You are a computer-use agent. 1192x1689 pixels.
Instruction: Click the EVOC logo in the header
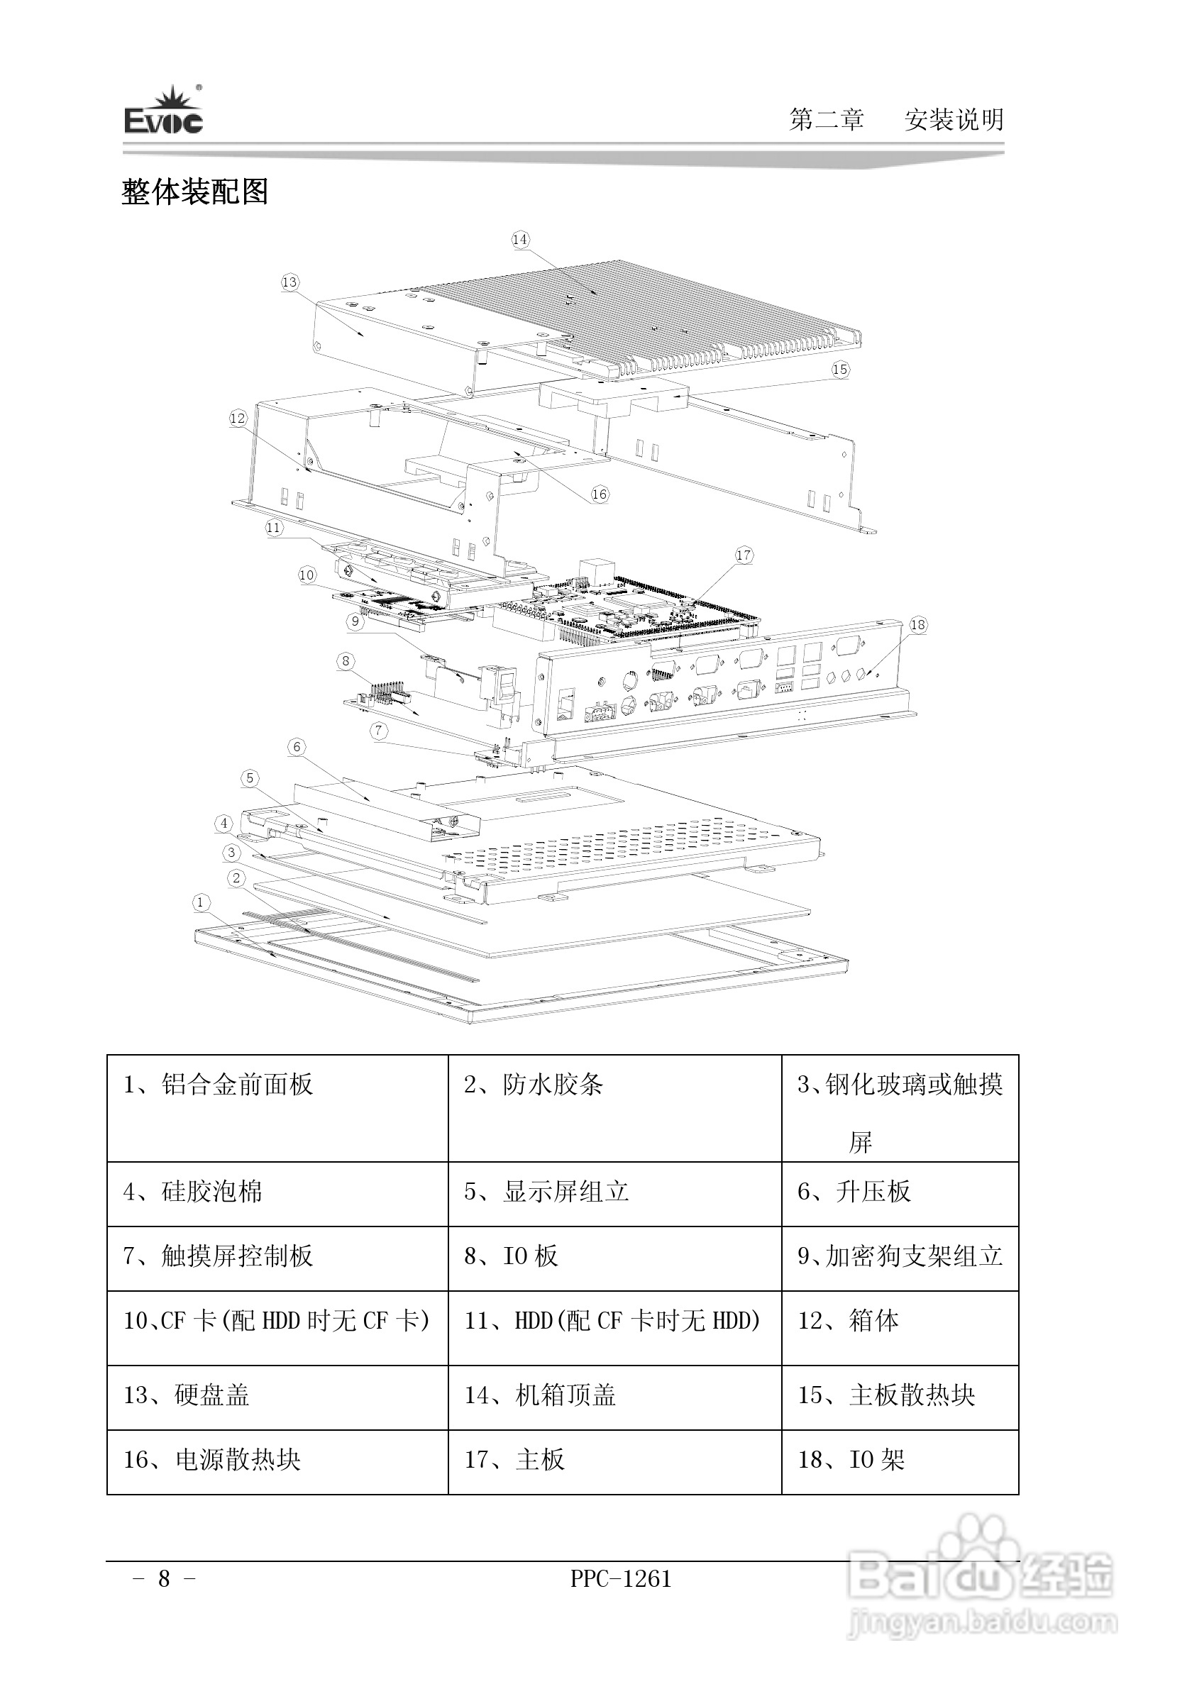(163, 111)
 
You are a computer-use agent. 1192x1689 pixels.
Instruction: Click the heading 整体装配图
(195, 192)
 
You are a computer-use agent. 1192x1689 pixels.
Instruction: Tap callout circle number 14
(520, 239)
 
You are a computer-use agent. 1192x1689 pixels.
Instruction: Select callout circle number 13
(290, 282)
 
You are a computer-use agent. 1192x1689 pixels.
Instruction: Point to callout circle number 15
(840, 370)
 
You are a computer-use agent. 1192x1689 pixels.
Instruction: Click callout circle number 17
(744, 555)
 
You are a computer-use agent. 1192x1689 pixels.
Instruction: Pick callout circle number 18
(917, 625)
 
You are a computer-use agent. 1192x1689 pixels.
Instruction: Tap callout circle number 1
(201, 902)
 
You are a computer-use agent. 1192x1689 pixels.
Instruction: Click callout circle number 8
(346, 660)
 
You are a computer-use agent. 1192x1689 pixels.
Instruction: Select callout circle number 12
(238, 419)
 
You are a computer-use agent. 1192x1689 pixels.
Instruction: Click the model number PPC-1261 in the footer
(621, 1578)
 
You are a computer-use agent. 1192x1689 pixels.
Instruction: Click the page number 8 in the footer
(164, 1578)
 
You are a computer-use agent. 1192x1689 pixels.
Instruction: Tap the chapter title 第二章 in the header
(827, 119)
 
